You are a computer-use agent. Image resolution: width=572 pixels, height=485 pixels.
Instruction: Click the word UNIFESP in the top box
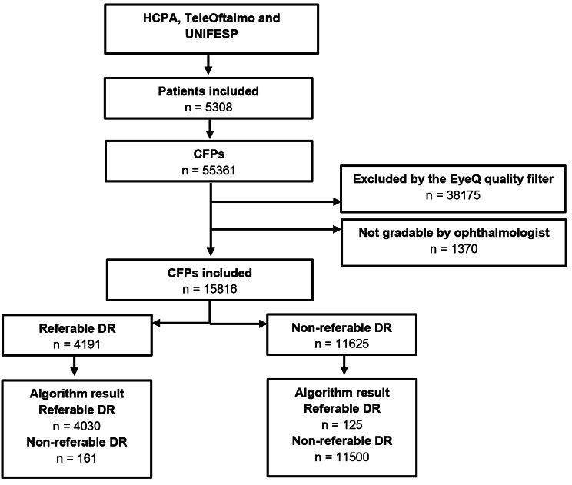click(211, 34)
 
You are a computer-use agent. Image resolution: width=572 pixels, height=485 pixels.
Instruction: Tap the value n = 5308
click(208, 107)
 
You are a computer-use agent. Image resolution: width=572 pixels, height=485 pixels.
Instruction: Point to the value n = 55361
click(208, 171)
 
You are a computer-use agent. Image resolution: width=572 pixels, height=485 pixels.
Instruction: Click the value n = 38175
click(453, 195)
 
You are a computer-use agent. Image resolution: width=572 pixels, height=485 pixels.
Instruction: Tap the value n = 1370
click(454, 249)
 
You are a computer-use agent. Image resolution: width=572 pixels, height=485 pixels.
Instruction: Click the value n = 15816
click(210, 289)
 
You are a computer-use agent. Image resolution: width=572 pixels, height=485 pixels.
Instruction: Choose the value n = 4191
click(77, 344)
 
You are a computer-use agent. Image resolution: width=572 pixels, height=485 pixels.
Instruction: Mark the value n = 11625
click(342, 344)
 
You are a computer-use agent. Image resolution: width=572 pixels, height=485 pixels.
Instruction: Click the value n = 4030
click(77, 426)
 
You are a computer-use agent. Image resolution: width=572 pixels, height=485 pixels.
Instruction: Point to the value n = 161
click(76, 458)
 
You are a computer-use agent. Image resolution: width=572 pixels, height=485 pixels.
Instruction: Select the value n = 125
click(342, 425)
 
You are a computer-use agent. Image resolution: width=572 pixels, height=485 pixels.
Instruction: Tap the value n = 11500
click(342, 457)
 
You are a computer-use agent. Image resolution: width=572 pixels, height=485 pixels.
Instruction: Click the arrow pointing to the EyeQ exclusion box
click(276, 201)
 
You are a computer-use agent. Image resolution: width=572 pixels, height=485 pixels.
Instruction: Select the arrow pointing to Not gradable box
click(276, 229)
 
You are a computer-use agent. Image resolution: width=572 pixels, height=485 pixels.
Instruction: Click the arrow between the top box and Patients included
click(208, 65)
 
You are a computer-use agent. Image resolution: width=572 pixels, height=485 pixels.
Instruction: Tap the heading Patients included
click(208, 91)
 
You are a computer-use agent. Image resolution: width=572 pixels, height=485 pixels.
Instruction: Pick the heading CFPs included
click(210, 273)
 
